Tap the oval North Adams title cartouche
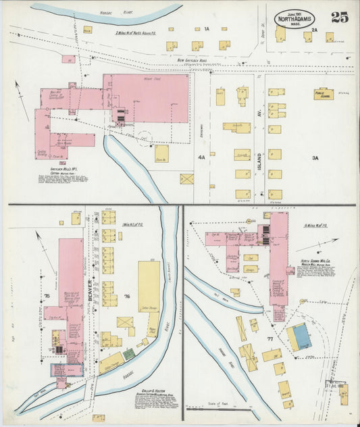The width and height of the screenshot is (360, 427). pyautogui.click(x=294, y=18)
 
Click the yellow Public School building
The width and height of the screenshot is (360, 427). pyautogui.click(x=324, y=94)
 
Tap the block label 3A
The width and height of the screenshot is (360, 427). pyautogui.click(x=314, y=157)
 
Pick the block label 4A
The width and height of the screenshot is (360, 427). pyautogui.click(x=201, y=157)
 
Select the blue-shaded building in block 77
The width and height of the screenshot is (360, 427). pyautogui.click(x=299, y=335)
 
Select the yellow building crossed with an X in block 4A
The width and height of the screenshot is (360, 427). pyautogui.click(x=186, y=179)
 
